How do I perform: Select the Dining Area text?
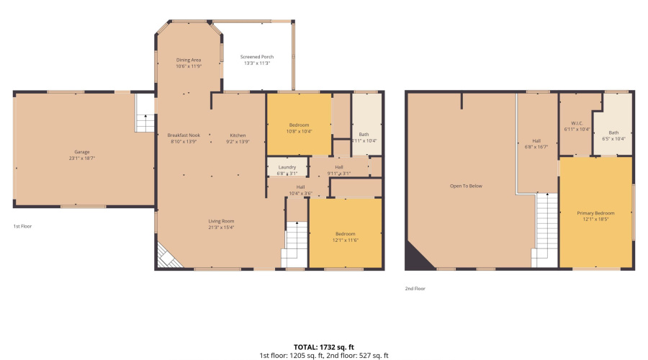point(189,63)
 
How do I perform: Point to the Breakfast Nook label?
point(184,138)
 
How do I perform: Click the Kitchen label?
point(238,138)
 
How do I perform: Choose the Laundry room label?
point(287,170)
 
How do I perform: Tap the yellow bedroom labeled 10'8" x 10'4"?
point(299,128)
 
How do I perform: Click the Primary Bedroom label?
point(596,216)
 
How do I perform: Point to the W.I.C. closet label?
point(576,126)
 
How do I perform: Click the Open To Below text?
point(466,186)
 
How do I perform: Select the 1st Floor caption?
point(22,226)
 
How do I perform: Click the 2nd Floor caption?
point(415,288)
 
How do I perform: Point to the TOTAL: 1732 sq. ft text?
point(323,346)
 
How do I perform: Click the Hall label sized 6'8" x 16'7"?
point(536,143)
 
